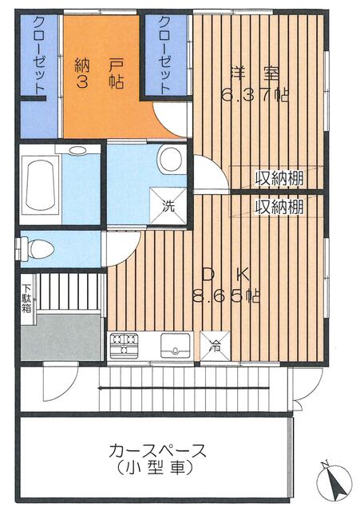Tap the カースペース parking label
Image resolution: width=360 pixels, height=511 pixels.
tap(158, 451)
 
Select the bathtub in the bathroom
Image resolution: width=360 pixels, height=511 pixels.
tap(40, 184)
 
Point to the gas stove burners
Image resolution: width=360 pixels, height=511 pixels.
tap(124, 346)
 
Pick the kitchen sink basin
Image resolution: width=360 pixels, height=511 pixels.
tap(176, 345)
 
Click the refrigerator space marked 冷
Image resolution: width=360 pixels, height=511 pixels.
tap(215, 346)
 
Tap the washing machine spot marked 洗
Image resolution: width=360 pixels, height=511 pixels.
tap(168, 206)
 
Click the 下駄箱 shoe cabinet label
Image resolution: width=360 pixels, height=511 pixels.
tap(26, 299)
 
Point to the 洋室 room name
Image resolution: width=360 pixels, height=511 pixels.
tap(254, 73)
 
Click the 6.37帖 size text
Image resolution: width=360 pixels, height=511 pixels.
tap(254, 95)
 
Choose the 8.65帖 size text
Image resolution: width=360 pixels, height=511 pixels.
tap(226, 296)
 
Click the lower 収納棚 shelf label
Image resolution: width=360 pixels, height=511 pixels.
tap(279, 206)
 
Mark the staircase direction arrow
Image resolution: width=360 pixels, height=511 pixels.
tap(184, 388)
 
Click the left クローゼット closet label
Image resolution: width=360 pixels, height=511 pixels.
tap(40, 55)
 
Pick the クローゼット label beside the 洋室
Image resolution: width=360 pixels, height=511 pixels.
tap(165, 55)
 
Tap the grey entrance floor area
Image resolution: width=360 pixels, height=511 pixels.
tap(61, 337)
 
